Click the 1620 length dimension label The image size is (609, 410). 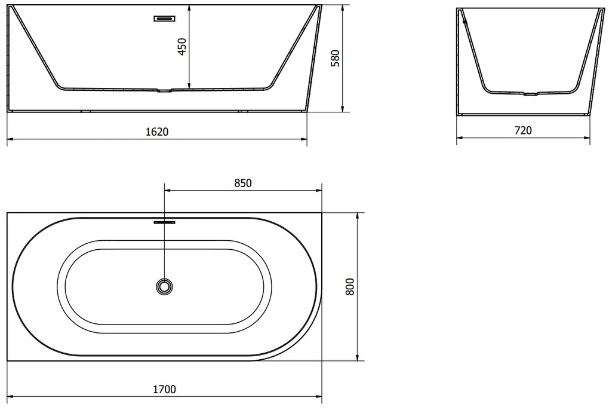[x=157, y=131]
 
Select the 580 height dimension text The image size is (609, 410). [x=335, y=59]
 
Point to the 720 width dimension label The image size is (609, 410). [x=523, y=130]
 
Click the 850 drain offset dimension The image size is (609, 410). [x=243, y=183]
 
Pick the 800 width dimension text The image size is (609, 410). [x=350, y=286]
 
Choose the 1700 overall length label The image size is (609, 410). [x=164, y=388]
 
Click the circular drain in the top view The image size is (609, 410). [x=165, y=287]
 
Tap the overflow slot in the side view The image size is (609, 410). [x=165, y=19]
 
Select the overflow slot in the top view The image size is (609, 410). [x=165, y=222]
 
